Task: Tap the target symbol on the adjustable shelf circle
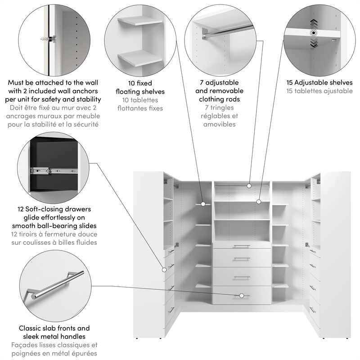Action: pyautogui.click(x=313, y=33)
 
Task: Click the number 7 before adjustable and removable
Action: pyautogui.click(x=202, y=83)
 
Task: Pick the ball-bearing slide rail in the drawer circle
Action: pyautogui.click(x=52, y=170)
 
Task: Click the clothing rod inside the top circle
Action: pyautogui.click(x=225, y=31)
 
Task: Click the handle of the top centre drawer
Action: pyautogui.click(x=242, y=246)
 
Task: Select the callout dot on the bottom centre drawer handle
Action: pyautogui.click(x=242, y=296)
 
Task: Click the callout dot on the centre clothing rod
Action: pyautogui.click(x=249, y=185)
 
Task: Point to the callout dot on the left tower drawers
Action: pyautogui.click(x=165, y=270)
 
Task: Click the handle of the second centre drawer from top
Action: pyautogui.click(x=242, y=259)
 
